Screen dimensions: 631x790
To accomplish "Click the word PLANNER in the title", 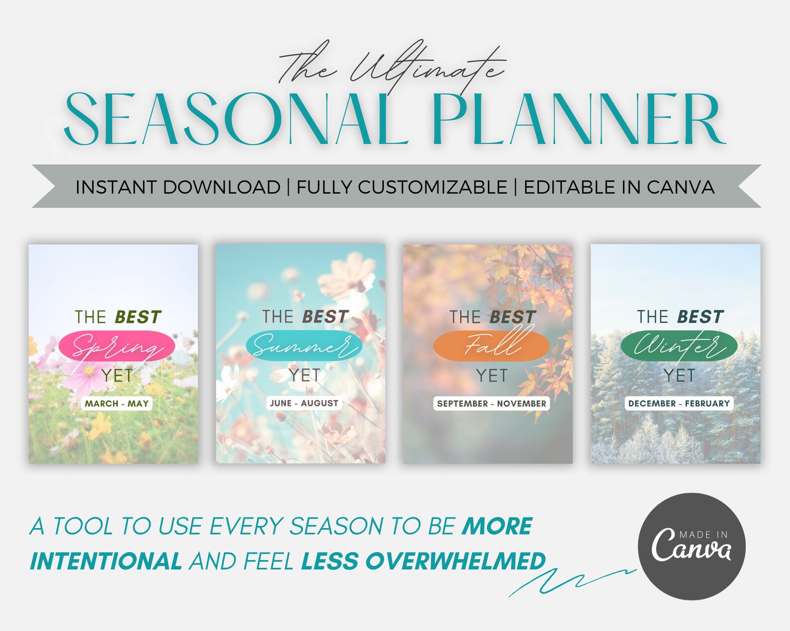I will pyautogui.click(x=577, y=119).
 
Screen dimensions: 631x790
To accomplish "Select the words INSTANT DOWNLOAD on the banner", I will pyautogui.click(x=178, y=187).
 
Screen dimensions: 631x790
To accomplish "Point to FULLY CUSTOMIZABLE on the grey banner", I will pyautogui.click(x=401, y=187).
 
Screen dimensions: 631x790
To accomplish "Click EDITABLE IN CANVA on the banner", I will pyautogui.click(x=619, y=187).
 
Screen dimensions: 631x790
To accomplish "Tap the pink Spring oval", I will pyautogui.click(x=116, y=346).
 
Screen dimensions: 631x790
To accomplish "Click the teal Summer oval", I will pyautogui.click(x=303, y=346).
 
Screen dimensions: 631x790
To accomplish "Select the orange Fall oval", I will pyautogui.click(x=491, y=346).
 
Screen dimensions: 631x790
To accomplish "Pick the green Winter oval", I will pyautogui.click(x=679, y=346).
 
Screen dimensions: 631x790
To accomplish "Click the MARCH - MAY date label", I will pyautogui.click(x=116, y=403).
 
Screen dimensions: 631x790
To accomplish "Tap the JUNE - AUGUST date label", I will pyautogui.click(x=304, y=403).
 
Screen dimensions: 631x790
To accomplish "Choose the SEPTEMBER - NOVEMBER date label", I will pyautogui.click(x=492, y=403).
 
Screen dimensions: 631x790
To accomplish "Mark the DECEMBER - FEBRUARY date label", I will pyautogui.click(x=679, y=403).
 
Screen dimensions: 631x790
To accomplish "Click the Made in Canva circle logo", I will pyautogui.click(x=691, y=546).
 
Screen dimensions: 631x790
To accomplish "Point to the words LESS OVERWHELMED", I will pyautogui.click(x=423, y=561).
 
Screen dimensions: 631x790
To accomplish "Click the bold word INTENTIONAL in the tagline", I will pyautogui.click(x=106, y=561).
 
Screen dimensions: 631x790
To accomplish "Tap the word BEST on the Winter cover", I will pyautogui.click(x=700, y=316).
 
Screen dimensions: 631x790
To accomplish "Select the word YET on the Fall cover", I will pyautogui.click(x=492, y=376).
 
